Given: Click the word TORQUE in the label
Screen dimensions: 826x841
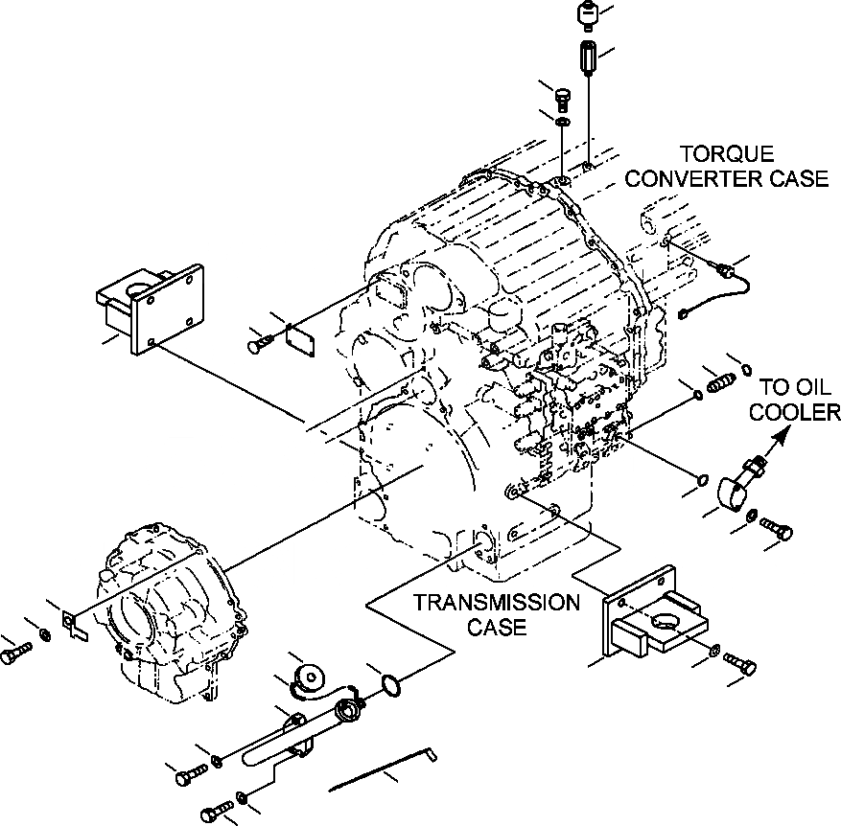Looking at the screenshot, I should pyautogui.click(x=725, y=154).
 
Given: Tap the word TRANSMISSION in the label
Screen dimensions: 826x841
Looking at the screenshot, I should pyautogui.click(x=496, y=603).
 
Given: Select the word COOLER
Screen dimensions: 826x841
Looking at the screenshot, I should pyautogui.click(x=794, y=413).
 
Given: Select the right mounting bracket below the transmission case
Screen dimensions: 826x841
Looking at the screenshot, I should pyautogui.click(x=652, y=622).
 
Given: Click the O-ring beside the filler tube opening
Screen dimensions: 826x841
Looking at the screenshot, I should pyautogui.click(x=389, y=683).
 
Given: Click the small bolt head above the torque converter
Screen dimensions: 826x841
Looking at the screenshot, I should pyautogui.click(x=564, y=98).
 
